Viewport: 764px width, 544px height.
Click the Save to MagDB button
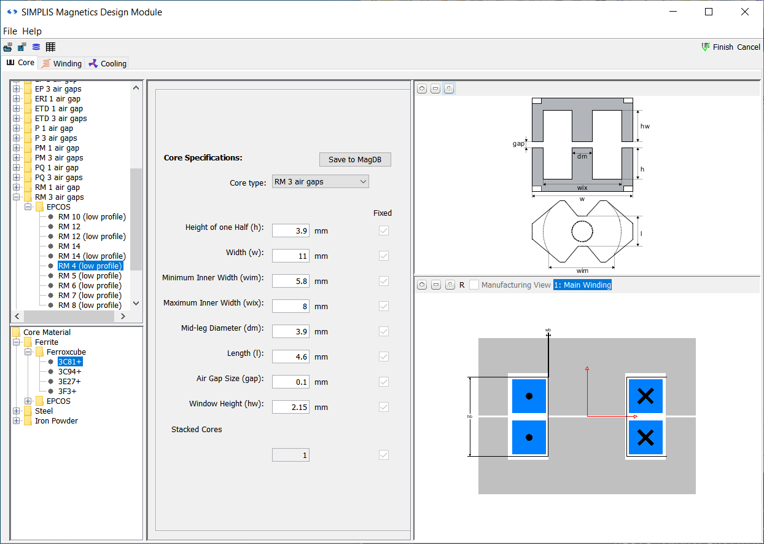[355, 159]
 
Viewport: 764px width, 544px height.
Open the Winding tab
[61, 63]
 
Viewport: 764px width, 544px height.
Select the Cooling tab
[107, 63]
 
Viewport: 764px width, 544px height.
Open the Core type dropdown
[320, 182]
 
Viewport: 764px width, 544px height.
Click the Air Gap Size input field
[290, 382]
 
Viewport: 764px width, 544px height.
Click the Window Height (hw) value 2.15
[290, 407]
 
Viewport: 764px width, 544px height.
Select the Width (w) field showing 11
[290, 256]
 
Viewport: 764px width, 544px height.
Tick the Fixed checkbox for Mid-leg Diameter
[384, 331]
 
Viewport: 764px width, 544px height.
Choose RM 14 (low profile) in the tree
[92, 256]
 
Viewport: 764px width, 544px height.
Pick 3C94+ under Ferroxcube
[69, 372]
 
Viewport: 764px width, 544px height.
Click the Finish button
[717, 47]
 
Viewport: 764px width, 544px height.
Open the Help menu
[32, 31]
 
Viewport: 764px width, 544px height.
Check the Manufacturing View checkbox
[474, 285]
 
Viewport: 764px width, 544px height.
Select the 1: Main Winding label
[582, 285]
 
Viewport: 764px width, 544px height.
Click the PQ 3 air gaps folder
[58, 178]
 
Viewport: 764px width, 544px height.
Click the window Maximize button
[709, 12]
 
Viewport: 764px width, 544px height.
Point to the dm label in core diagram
[582, 156]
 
